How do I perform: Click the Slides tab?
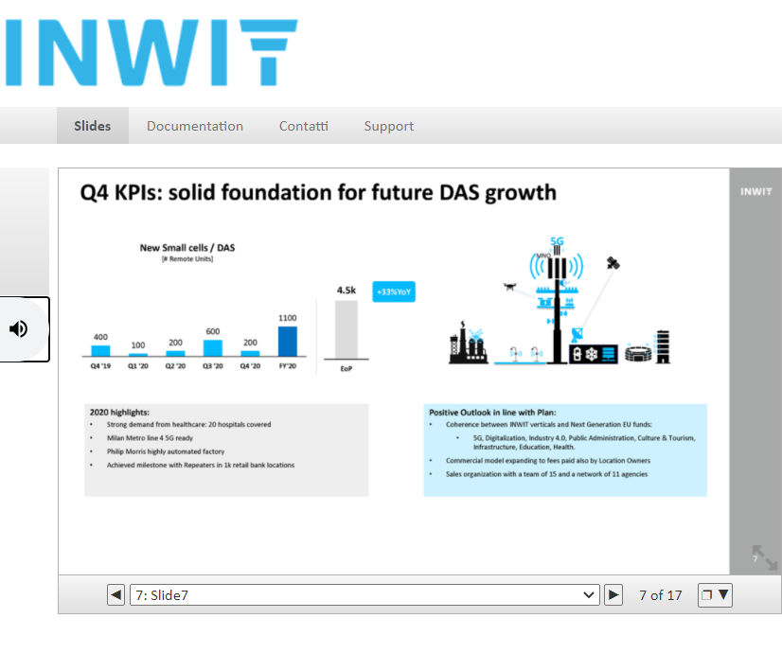coord(92,126)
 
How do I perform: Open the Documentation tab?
coord(195,126)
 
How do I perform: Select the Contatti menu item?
coord(304,126)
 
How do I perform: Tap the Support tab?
coord(389,126)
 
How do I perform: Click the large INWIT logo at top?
coord(151,52)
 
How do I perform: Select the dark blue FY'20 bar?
coord(287,341)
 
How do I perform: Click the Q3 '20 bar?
coord(213,348)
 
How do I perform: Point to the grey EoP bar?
coord(347,329)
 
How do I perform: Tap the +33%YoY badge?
coord(394,291)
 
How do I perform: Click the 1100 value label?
coord(287,318)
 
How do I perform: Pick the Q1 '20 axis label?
coord(138,366)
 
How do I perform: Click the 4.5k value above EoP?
coord(347,291)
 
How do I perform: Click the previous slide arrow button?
coord(116,594)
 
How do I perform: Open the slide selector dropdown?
coord(364,594)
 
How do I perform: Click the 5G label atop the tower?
coord(557,241)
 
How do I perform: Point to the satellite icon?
coord(613,263)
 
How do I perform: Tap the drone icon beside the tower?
coord(509,286)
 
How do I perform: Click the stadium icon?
coord(638,353)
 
